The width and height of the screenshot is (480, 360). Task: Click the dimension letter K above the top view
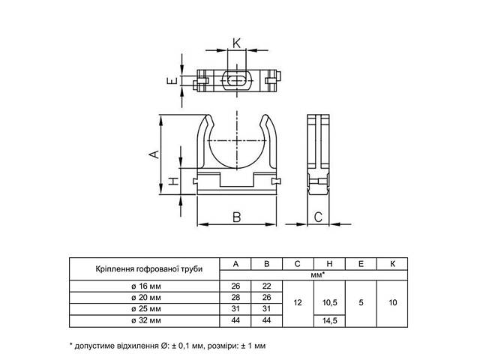(x=237, y=43)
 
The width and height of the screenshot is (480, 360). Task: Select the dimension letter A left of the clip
(x=154, y=154)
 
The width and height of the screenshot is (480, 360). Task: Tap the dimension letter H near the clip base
(x=173, y=181)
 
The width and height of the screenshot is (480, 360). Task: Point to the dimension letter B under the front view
(x=237, y=217)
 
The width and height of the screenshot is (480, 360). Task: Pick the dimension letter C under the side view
(x=318, y=217)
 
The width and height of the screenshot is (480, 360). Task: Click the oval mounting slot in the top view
(x=237, y=80)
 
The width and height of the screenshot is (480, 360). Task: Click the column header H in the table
(x=329, y=264)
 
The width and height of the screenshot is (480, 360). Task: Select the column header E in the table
(x=361, y=264)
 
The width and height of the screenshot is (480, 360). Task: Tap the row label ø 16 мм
(x=146, y=286)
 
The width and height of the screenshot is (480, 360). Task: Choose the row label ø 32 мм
(x=146, y=320)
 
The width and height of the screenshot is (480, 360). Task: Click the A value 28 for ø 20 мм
(x=235, y=297)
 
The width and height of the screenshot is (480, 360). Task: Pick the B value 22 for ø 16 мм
(x=267, y=286)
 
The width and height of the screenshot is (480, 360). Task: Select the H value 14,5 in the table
(x=330, y=320)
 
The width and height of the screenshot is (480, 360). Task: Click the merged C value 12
(x=298, y=303)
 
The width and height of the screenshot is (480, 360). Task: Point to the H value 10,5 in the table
(x=330, y=303)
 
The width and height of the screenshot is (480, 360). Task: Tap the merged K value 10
(x=392, y=303)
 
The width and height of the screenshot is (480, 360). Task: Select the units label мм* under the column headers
(x=317, y=275)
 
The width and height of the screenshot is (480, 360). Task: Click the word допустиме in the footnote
(x=94, y=346)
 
